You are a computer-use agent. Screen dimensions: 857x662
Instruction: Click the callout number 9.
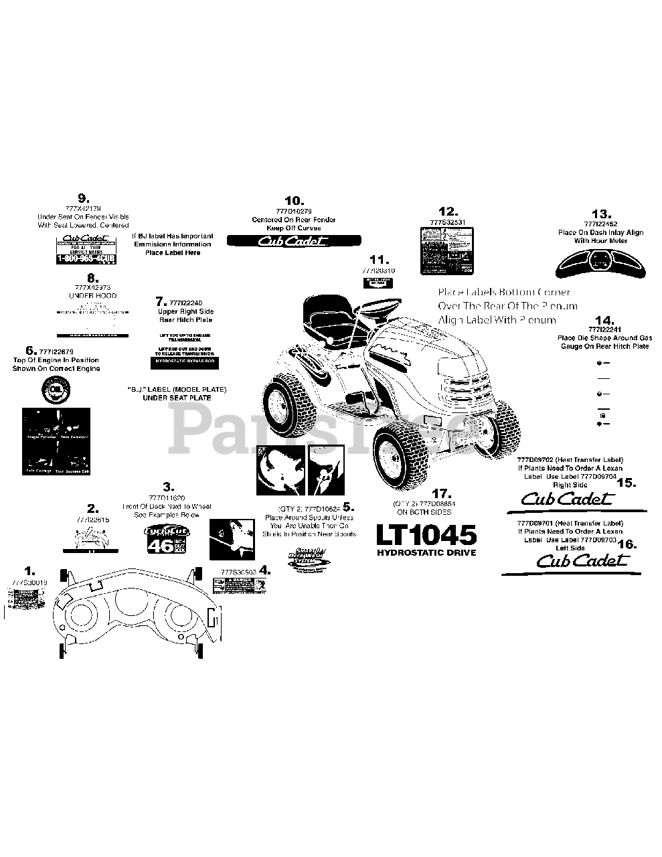83,198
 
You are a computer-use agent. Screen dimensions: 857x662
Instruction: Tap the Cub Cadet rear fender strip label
294,241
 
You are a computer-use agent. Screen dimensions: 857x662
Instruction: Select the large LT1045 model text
426,535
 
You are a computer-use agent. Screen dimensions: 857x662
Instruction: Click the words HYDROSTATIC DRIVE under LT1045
426,553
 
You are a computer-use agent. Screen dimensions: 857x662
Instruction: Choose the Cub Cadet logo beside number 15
566,497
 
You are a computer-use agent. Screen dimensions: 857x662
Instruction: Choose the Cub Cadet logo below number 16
582,561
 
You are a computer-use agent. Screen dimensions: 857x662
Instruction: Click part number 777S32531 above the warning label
447,222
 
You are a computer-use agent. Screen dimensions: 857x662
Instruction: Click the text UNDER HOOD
93,295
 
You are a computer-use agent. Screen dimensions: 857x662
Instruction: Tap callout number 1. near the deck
29,570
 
